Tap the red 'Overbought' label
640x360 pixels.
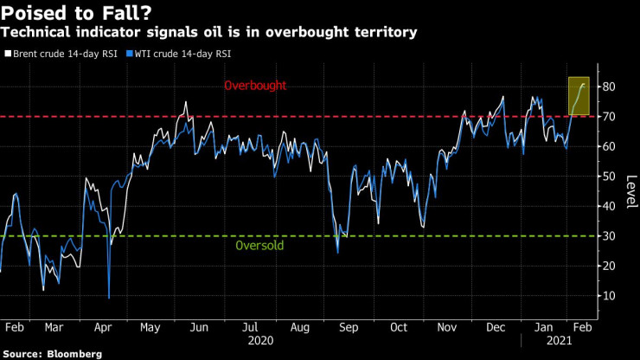pos(254,87)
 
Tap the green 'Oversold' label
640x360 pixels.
pos(259,246)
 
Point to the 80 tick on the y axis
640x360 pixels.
pos(610,87)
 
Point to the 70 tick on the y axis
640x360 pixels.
pos(610,117)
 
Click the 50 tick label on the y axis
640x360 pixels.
pos(610,177)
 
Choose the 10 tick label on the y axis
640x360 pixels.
pos(610,296)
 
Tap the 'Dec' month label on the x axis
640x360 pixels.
pos(496,328)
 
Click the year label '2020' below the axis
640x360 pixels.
pos(260,341)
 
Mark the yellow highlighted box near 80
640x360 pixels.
pos(579,96)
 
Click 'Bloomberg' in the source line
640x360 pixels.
pos(74,354)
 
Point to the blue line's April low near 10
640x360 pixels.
pos(109,298)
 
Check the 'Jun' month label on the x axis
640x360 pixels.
pos(198,328)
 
